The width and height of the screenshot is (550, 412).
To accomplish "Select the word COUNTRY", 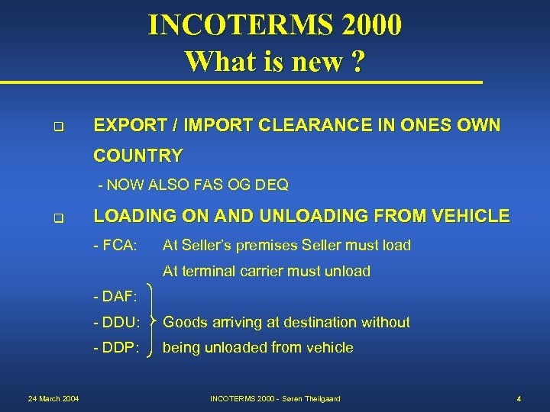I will [x=137, y=156].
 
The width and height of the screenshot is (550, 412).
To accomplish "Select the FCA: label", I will [x=115, y=246].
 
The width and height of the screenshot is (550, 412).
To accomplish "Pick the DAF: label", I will [x=115, y=296].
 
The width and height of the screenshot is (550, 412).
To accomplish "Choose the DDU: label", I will [x=116, y=323].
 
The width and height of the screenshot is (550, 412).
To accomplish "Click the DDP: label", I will [x=116, y=348].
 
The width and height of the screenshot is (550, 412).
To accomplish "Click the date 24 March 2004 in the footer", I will [x=53, y=399].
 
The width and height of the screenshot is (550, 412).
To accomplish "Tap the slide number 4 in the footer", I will [x=518, y=399].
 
